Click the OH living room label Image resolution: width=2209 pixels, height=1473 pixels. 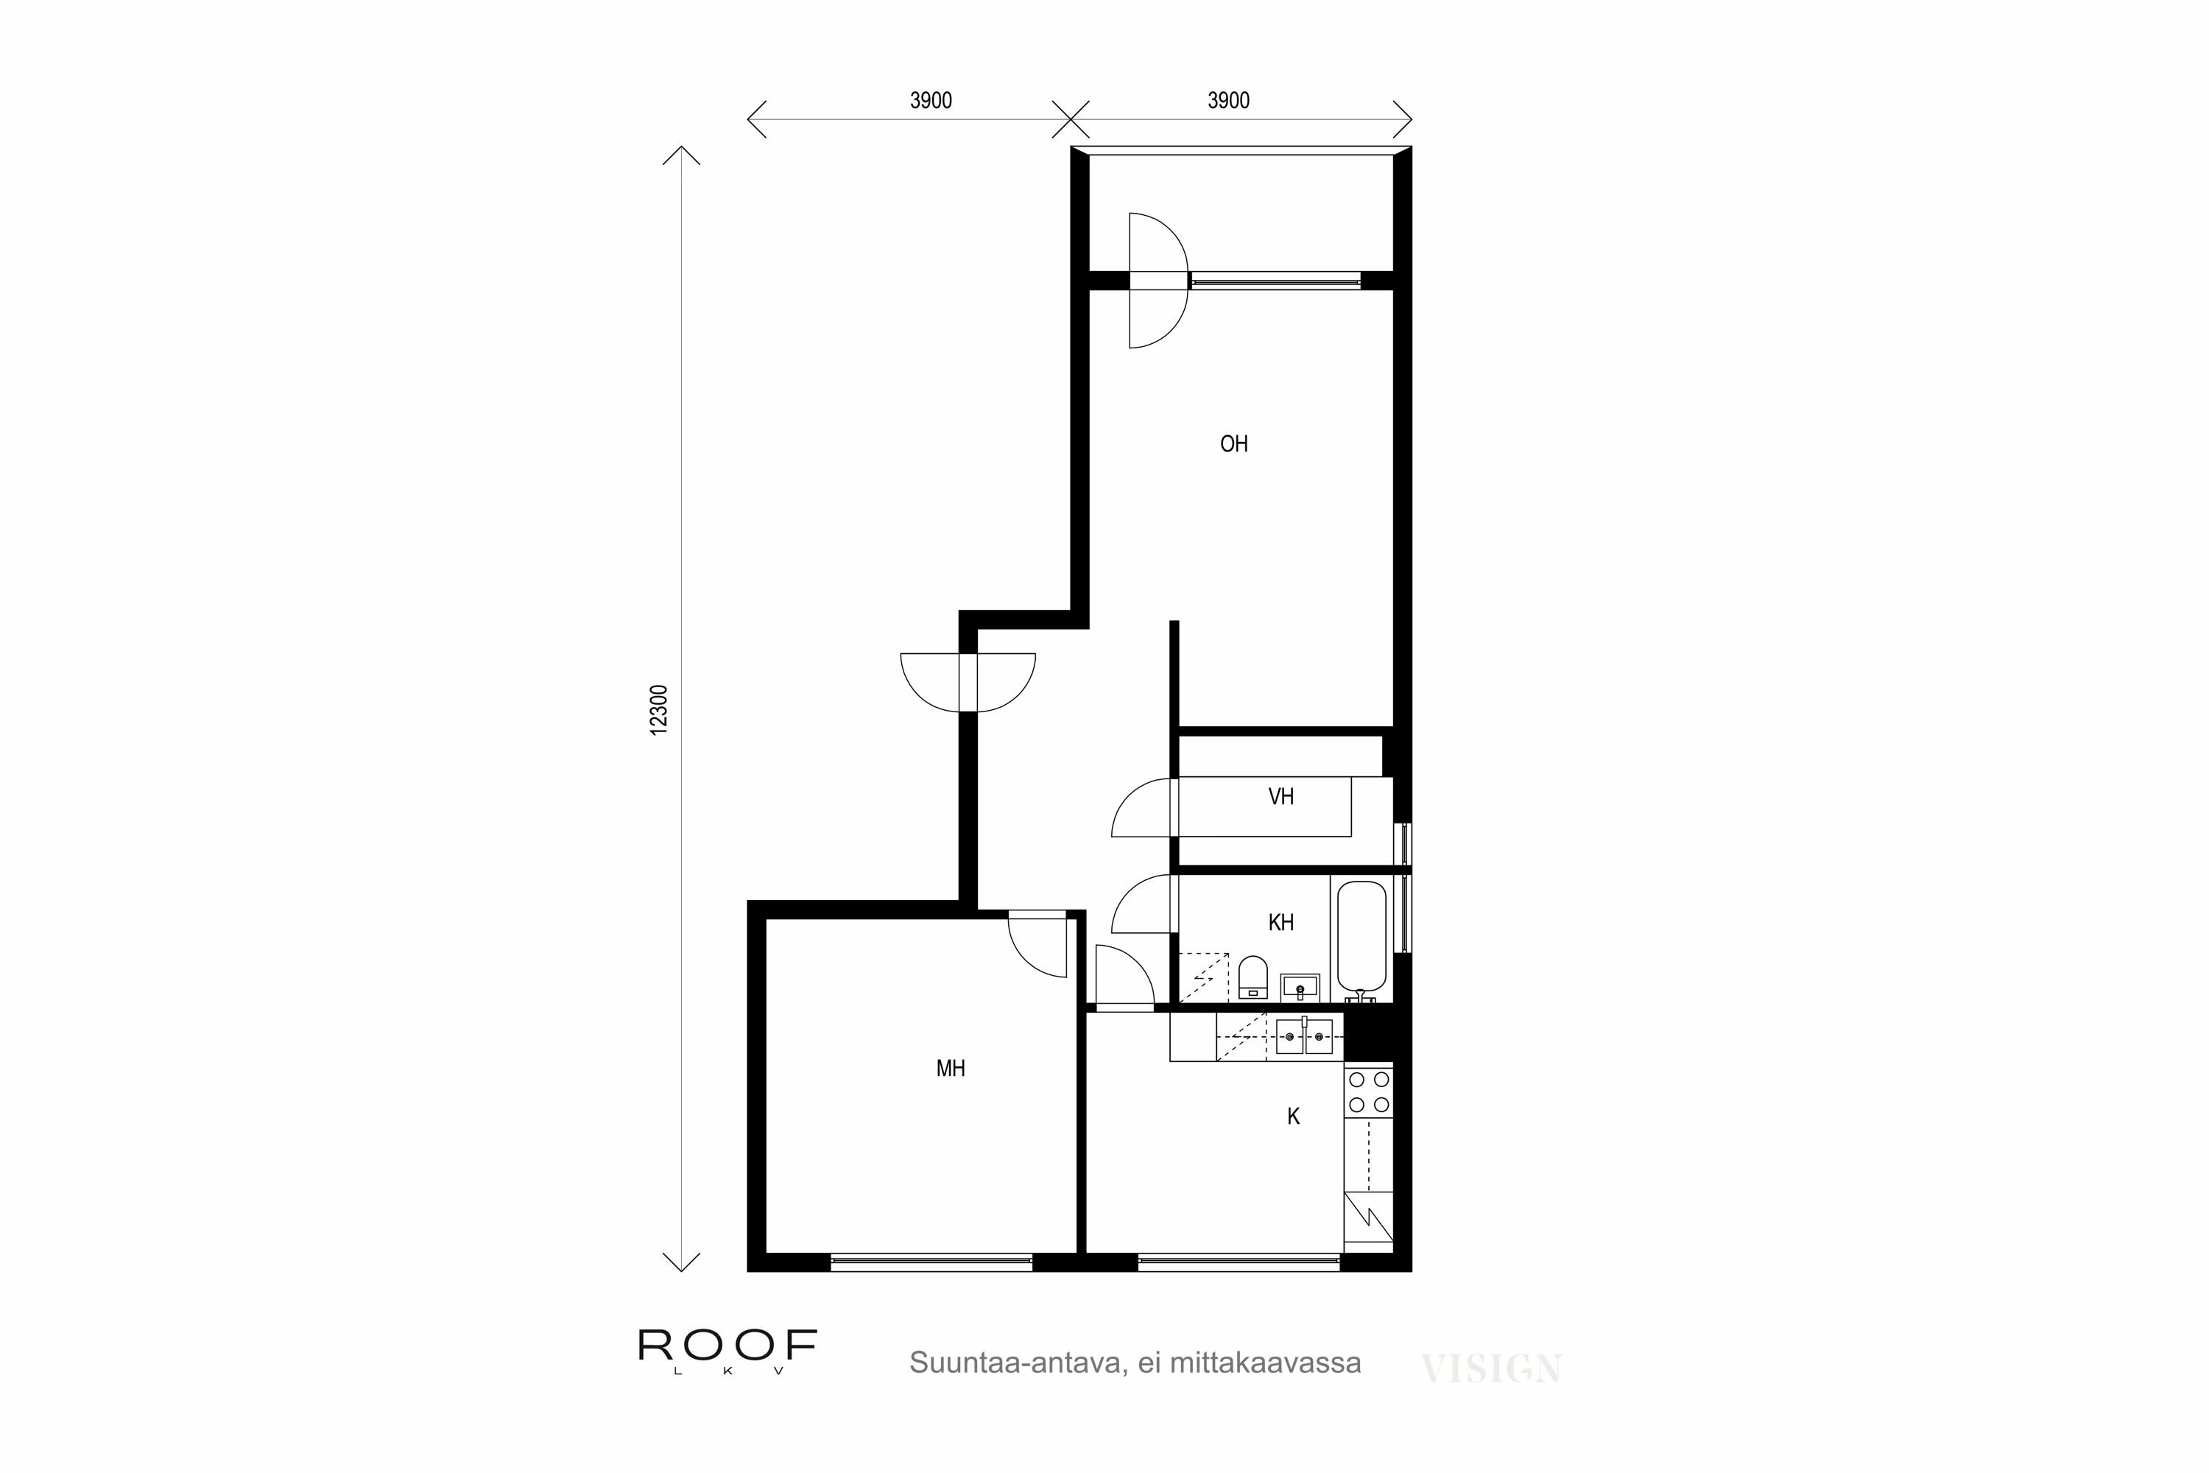pos(1233,444)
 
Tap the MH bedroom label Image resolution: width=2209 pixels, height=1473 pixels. pos(951,1068)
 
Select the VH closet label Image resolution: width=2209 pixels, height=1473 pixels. pos(1280,797)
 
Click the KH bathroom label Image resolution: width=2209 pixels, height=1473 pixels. pos(1280,923)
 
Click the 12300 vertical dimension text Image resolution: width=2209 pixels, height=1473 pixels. pos(659,709)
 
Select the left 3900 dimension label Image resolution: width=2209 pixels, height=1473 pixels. pos(930,100)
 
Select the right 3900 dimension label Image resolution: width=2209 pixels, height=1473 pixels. pos(1227,100)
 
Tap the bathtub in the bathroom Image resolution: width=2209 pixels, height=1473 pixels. pos(1361,937)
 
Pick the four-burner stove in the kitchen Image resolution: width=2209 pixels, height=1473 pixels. pos(1368,1091)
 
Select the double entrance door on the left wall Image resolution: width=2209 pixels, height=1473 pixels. pos(968,681)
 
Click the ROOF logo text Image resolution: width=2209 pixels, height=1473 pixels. pos(727,1346)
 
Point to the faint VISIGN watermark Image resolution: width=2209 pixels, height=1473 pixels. pos(1490,1368)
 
